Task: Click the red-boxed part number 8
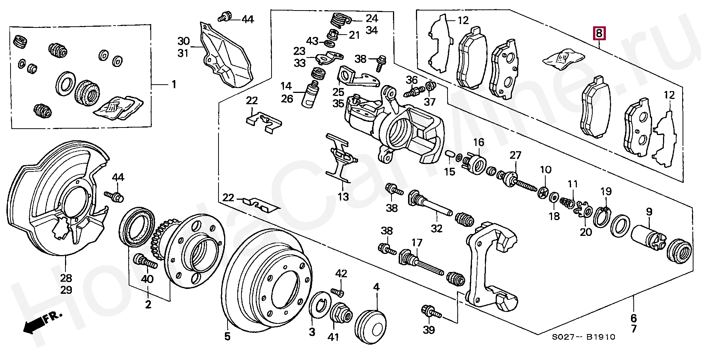[599, 33]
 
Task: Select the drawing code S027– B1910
[583, 337]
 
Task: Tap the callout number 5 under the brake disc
[227, 336]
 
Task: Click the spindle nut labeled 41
[341, 313]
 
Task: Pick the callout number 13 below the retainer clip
[343, 196]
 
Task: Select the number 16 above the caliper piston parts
[478, 143]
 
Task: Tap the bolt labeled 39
[431, 312]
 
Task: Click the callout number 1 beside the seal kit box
[174, 84]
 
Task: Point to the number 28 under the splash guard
[66, 278]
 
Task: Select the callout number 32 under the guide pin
[436, 228]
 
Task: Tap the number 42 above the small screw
[341, 273]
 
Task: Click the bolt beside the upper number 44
[225, 17]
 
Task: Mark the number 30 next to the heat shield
[184, 41]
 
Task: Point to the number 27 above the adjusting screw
[515, 155]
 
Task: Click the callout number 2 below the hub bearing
[148, 305]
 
